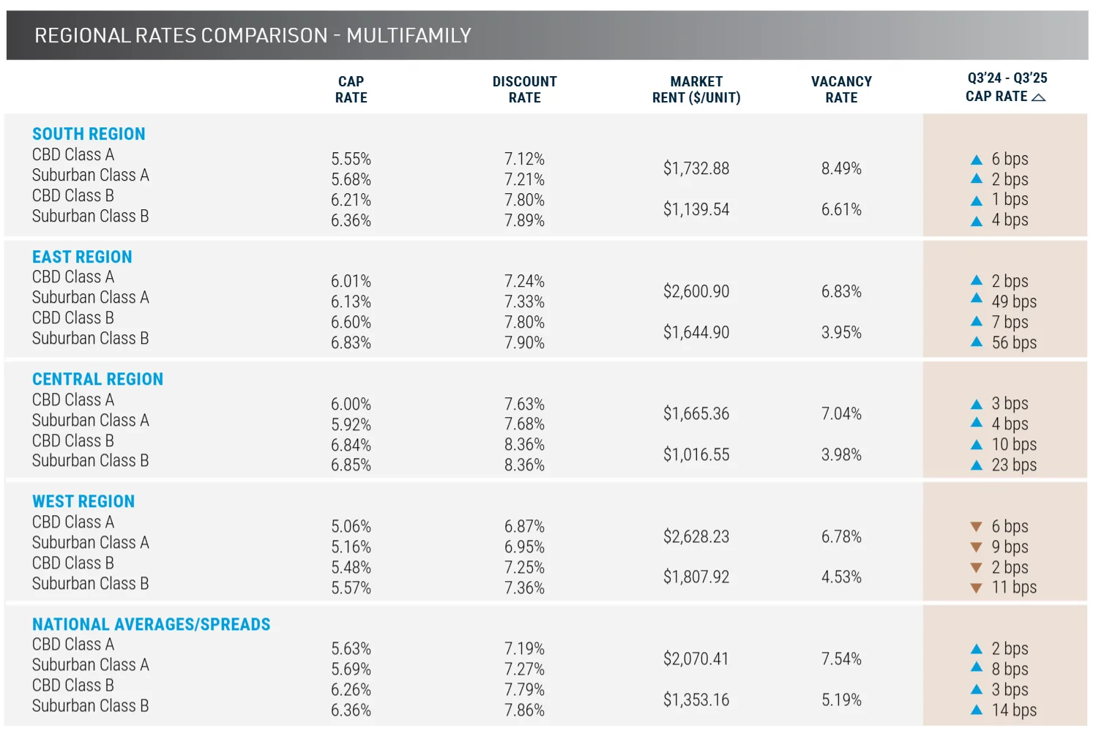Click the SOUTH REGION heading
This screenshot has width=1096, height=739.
pyautogui.click(x=89, y=134)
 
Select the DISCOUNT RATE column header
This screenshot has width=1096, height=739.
pyautogui.click(x=524, y=89)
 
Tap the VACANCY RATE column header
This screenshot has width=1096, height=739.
pyautogui.click(x=841, y=89)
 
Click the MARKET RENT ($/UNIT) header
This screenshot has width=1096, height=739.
pyautogui.click(x=696, y=89)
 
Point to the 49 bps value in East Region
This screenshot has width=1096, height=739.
pyautogui.click(x=1013, y=301)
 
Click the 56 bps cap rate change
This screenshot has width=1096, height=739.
pyautogui.click(x=1013, y=342)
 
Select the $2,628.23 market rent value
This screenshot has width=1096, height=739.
pyautogui.click(x=696, y=536)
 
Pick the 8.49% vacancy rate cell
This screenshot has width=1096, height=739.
pyautogui.click(x=841, y=168)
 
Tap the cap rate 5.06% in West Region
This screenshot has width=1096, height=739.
pyautogui.click(x=351, y=526)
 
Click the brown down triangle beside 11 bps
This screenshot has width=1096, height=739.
pyautogui.click(x=976, y=588)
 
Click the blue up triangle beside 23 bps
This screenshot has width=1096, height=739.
pyautogui.click(x=976, y=465)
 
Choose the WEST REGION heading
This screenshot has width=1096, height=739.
pyautogui.click(x=83, y=501)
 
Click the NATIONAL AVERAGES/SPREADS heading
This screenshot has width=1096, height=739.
pyautogui.click(x=151, y=624)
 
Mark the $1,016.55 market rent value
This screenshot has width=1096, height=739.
pyautogui.click(x=696, y=454)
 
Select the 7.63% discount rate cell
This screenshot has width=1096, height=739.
pyautogui.click(x=524, y=404)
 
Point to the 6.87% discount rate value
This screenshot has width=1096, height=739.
pyautogui.click(x=524, y=526)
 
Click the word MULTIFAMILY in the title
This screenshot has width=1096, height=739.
pyautogui.click(x=409, y=35)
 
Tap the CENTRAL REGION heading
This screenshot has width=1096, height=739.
pyautogui.click(x=97, y=379)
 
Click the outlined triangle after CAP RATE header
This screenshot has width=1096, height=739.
pyautogui.click(x=1038, y=97)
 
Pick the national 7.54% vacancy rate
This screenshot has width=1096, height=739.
pyautogui.click(x=841, y=659)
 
